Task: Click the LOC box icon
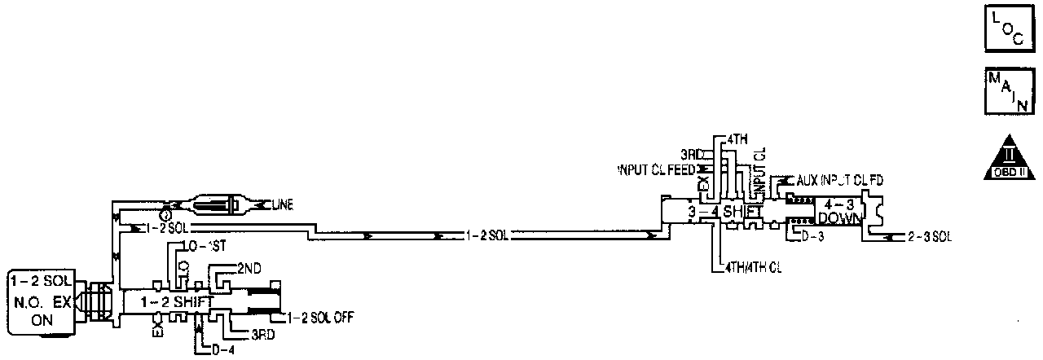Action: coord(1009,31)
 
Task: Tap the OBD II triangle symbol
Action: coord(1009,156)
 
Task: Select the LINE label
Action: coord(279,203)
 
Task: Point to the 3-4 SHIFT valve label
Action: coord(724,212)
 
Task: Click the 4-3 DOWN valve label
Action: coord(839,212)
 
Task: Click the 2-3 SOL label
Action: coord(928,237)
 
